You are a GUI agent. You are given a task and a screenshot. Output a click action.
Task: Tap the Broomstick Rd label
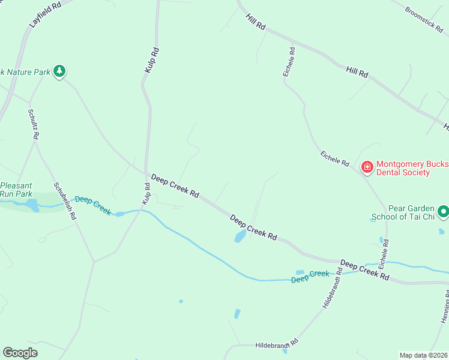click(423, 19)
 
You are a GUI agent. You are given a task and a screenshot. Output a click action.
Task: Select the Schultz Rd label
click(33, 124)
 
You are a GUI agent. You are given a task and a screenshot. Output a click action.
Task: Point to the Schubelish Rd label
click(64, 201)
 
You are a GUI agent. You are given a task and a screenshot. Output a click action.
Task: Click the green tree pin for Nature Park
click(59, 72)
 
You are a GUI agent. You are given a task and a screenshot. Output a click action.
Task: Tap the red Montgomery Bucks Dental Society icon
click(366, 167)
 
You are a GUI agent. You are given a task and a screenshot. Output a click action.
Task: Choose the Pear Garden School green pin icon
click(443, 211)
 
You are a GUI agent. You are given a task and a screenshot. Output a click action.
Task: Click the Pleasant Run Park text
click(16, 190)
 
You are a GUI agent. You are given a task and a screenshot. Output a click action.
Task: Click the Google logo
click(20, 353)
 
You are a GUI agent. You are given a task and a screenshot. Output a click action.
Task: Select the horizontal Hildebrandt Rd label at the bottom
click(277, 344)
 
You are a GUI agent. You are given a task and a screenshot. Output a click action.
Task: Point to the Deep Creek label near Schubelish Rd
click(93, 205)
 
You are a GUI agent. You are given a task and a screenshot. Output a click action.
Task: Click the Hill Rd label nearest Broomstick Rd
click(357, 72)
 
